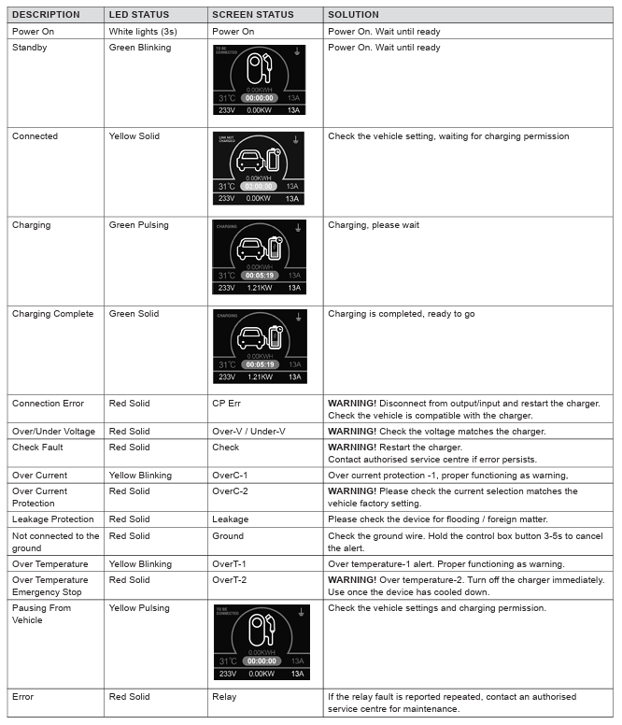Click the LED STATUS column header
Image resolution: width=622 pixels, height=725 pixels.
(138, 15)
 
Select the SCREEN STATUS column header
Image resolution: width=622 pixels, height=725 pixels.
(252, 15)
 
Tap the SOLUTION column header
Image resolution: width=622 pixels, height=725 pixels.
(353, 15)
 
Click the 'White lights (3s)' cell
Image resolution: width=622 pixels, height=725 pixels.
(144, 32)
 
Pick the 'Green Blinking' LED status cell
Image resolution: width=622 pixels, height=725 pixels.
(140, 48)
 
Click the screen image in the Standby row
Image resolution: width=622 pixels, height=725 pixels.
(259, 79)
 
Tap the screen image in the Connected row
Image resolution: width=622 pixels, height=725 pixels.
(259, 168)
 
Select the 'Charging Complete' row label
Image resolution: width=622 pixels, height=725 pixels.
(53, 314)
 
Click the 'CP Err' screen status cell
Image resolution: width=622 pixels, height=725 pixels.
(228, 404)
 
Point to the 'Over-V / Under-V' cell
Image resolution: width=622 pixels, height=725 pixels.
(248, 432)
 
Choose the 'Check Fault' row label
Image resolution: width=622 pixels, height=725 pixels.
(38, 448)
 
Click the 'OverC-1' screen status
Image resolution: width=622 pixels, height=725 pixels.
(230, 476)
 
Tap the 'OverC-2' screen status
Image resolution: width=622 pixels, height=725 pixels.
(230, 491)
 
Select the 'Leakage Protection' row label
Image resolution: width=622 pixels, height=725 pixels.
(53, 519)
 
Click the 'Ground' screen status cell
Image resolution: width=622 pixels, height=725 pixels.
(228, 536)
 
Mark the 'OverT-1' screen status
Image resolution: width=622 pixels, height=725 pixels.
(229, 564)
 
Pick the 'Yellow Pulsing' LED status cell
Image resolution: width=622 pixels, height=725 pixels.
(139, 608)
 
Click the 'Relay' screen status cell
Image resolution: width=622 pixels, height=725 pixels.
(224, 697)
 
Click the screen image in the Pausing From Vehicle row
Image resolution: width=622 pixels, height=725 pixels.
(262, 643)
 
